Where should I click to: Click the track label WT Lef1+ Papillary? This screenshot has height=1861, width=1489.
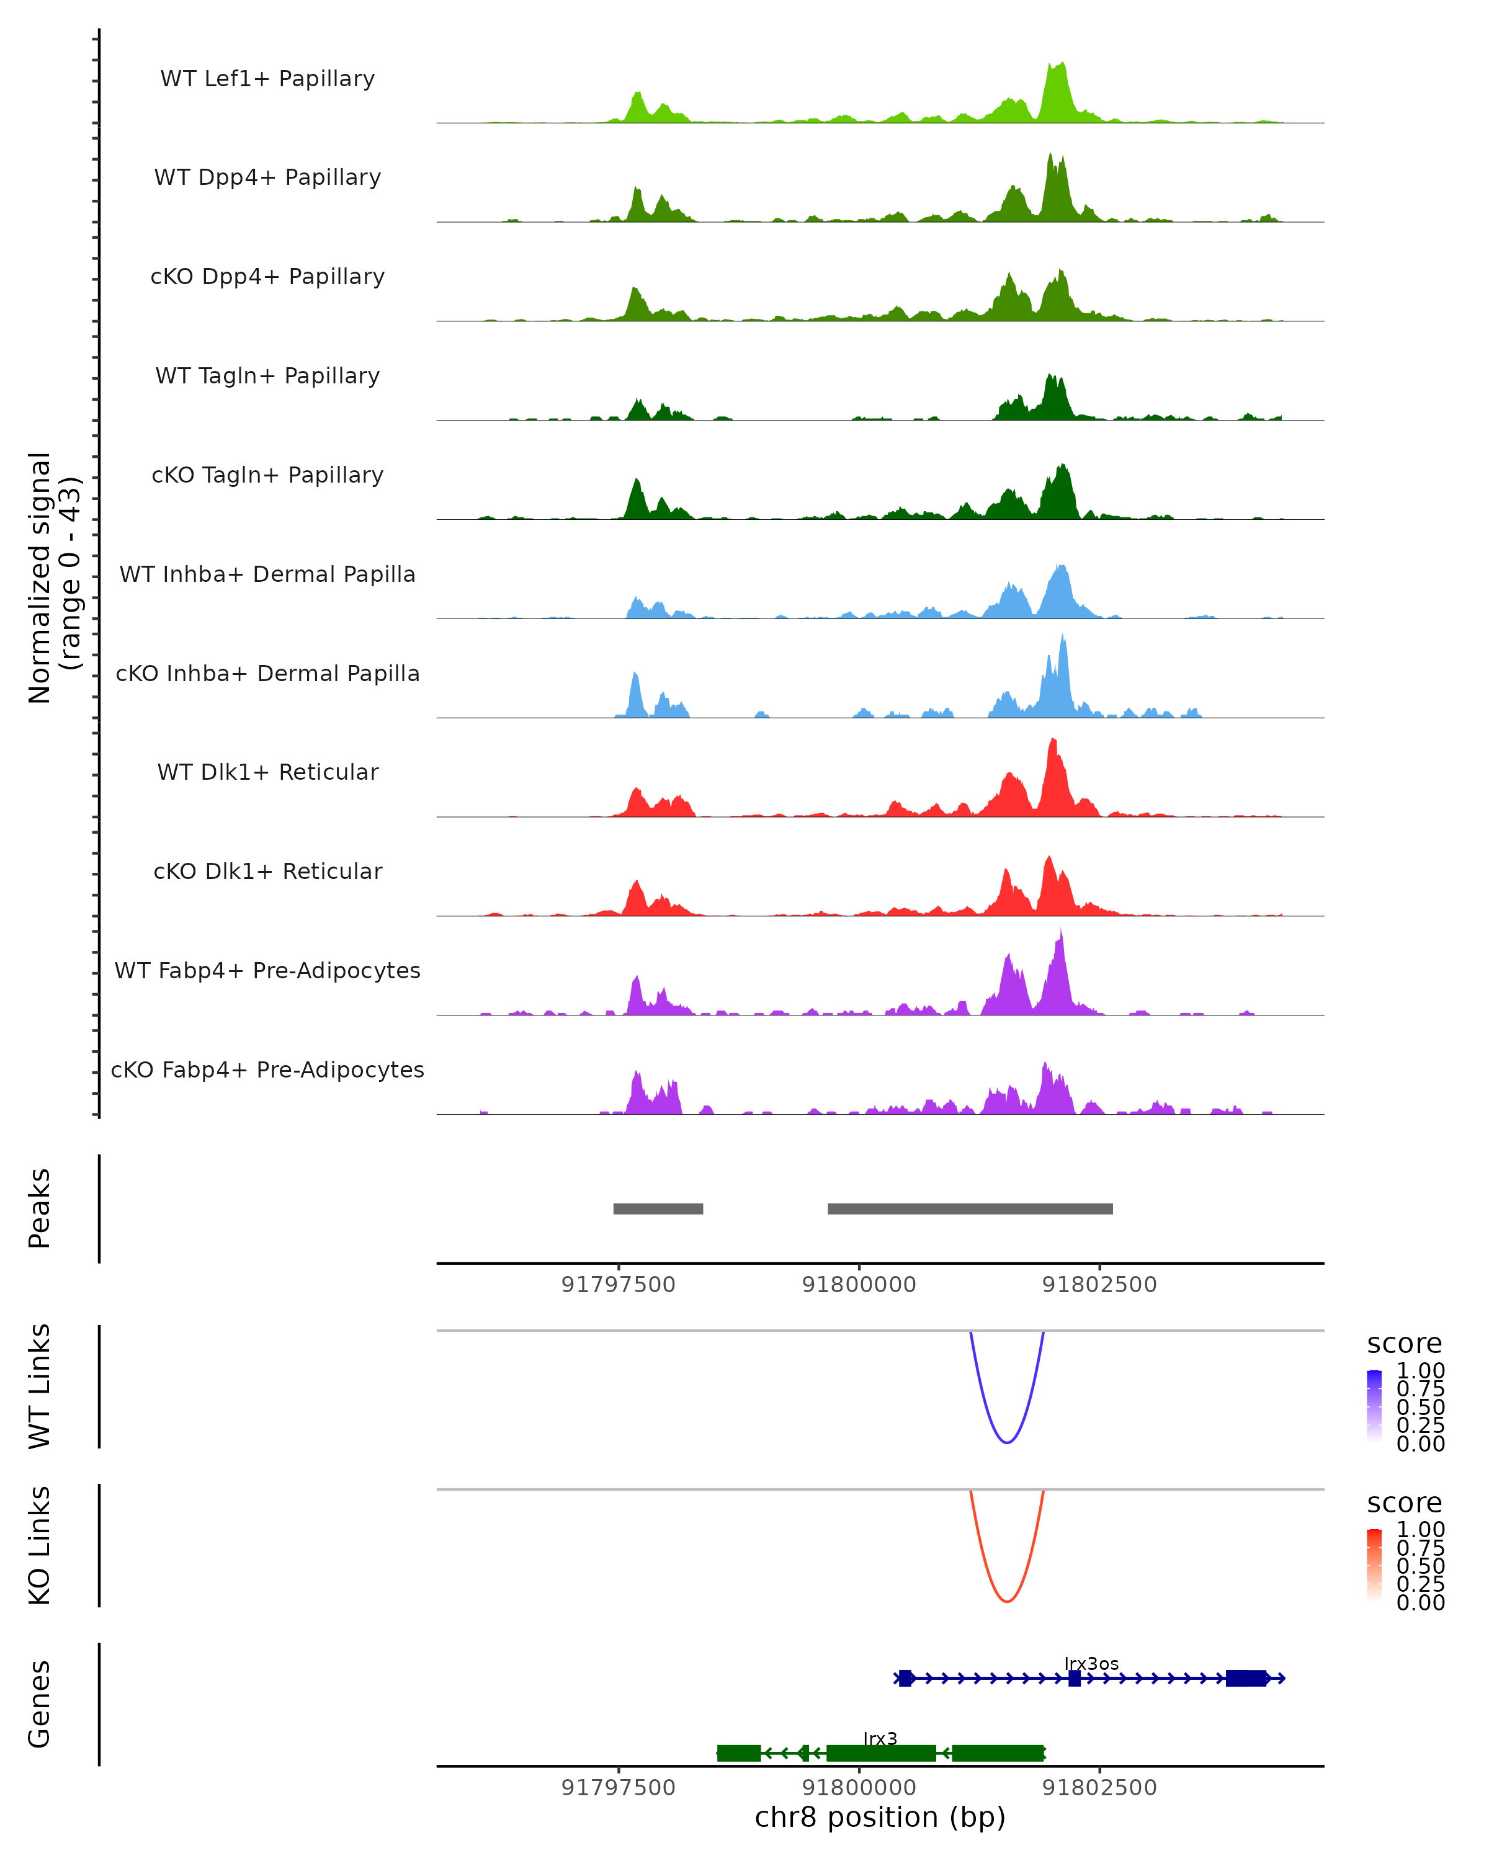pos(267,79)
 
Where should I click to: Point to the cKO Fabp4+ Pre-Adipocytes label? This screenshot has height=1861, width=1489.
pos(267,1069)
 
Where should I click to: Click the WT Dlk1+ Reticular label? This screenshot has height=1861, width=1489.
pos(267,772)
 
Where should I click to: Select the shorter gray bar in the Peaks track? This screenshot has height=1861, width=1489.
pos(658,1208)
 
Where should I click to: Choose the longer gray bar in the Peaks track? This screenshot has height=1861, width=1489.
pos(970,1208)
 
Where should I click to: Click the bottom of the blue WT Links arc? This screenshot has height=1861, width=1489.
pos(1006,1442)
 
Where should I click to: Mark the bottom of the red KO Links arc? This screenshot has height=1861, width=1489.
pos(1006,1601)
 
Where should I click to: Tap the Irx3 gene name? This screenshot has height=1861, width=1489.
pos(880,1738)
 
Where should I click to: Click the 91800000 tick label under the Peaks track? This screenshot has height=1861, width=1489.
pos(859,1285)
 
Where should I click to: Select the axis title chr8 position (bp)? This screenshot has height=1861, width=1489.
pos(880,1818)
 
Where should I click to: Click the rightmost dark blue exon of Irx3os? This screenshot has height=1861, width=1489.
pos(1246,1678)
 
